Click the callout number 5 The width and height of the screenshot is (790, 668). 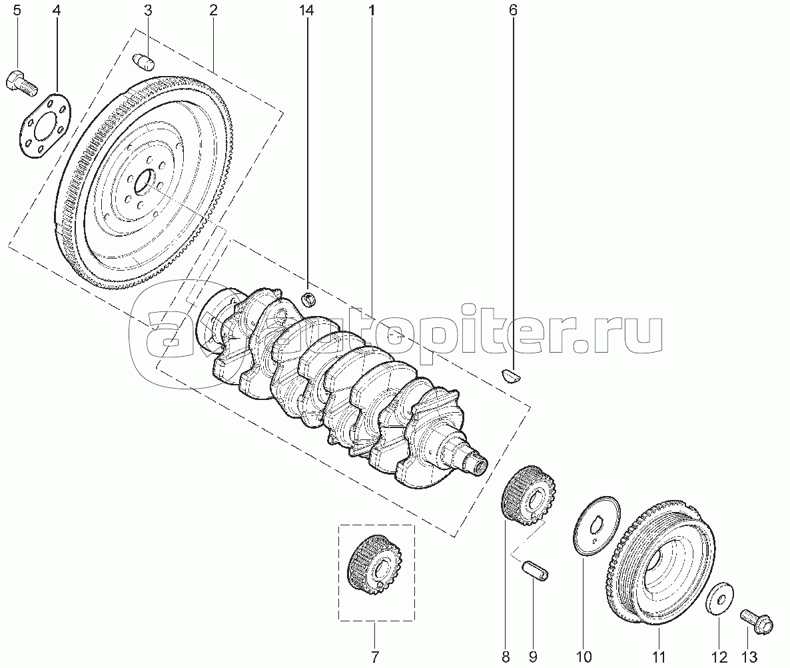17,10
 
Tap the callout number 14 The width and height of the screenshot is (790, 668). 306,10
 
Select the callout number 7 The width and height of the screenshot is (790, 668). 374,657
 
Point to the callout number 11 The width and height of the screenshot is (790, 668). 659,657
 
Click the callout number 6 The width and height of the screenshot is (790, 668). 513,10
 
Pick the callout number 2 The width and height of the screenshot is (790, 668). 213,10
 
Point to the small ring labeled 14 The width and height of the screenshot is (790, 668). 308,299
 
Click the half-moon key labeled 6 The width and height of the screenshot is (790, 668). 512,375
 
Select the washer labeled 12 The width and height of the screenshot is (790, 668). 719,599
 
